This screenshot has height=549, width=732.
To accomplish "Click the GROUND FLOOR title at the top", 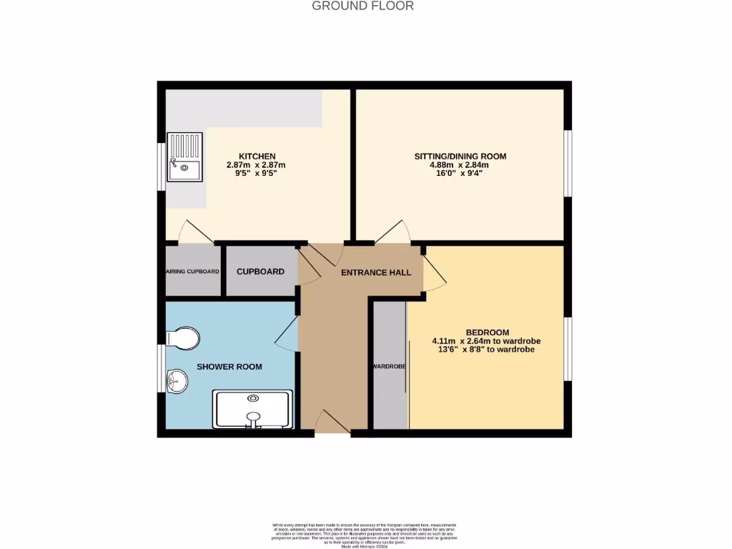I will tap(362, 6).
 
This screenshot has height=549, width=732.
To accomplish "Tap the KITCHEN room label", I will tap(257, 157).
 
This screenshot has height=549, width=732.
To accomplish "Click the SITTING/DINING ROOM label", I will tap(460, 156).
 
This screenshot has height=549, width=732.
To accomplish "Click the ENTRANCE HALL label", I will tap(376, 272).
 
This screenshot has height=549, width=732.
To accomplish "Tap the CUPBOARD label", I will tap(260, 272).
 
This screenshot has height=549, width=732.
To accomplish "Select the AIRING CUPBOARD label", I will tap(192, 272).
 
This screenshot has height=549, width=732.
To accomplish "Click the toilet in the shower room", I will tap(182, 338).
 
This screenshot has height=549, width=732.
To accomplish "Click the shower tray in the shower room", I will tap(252, 409).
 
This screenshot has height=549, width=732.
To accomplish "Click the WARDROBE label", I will tap(389, 367).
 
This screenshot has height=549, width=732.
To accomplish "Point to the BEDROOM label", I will tap(487, 332).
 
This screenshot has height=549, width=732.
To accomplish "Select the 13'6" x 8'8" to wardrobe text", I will tap(483, 350).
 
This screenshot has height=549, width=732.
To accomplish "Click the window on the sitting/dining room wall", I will tap(567, 162).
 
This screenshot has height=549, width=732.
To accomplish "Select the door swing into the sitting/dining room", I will tap(393, 232).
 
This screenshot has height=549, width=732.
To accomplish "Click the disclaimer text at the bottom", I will tap(365, 535).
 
